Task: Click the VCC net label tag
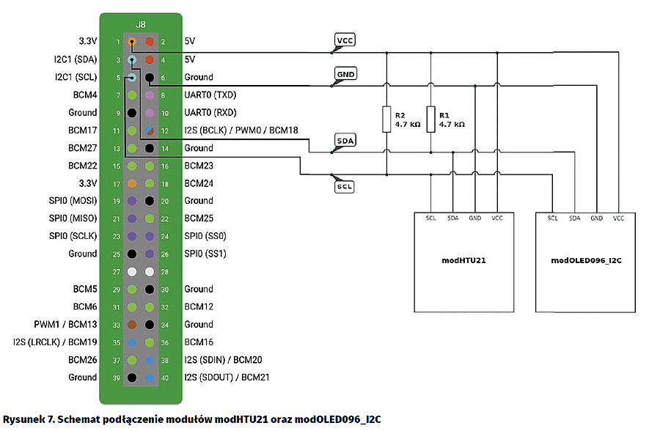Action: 344,40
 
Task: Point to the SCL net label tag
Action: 344,187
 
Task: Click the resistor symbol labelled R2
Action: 386,119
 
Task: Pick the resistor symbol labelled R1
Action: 430,119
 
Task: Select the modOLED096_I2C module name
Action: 586,260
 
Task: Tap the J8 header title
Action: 140,23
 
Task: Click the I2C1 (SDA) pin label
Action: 76,59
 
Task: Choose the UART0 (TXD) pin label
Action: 210,95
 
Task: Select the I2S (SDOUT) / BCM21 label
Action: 223,377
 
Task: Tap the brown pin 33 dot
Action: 132,324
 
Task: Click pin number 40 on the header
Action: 164,377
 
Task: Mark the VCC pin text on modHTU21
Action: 497,218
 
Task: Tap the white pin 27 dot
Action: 132,271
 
